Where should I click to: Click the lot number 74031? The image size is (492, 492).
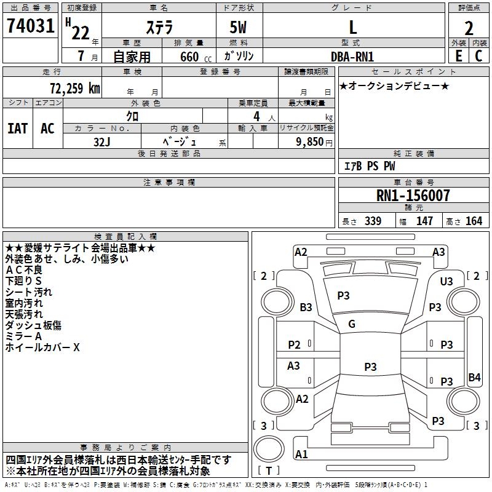point(30,26)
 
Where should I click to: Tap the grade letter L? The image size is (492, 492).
point(352,27)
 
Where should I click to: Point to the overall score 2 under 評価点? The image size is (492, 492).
point(469,28)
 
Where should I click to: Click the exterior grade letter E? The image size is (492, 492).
point(458,55)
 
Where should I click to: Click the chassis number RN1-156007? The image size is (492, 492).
point(413,196)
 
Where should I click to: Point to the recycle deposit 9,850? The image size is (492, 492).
point(306,141)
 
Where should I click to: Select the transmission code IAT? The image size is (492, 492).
point(18,128)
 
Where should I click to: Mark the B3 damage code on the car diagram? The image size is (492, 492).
point(306,307)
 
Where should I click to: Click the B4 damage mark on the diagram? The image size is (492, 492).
point(474,378)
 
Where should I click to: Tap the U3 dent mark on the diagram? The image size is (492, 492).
point(446,281)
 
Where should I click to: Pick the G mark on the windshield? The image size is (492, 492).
point(352,324)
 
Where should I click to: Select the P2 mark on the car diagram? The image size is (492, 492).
point(295,344)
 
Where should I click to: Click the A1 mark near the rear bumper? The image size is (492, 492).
point(301,454)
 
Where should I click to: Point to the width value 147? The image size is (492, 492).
point(424,221)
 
